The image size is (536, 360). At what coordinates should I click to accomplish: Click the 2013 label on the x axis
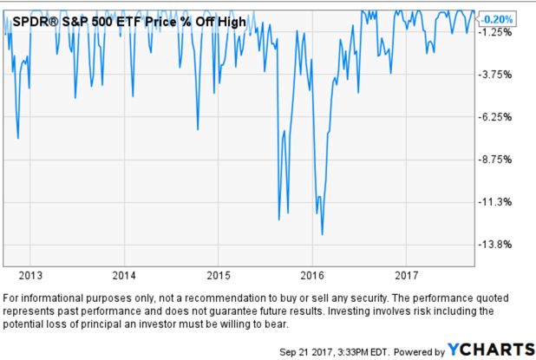[x=30, y=276]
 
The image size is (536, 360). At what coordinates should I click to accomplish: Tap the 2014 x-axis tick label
[x=124, y=276]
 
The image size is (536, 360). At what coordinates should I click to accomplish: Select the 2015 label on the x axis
[x=219, y=276]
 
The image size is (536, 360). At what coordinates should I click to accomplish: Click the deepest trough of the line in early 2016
[x=323, y=233]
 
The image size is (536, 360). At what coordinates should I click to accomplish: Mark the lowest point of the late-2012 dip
[x=18, y=137]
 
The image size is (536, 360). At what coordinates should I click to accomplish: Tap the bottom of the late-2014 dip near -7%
[x=198, y=129]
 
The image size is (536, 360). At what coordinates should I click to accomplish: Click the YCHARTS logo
[x=490, y=349]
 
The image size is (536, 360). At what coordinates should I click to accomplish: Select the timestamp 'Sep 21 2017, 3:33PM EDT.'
[x=332, y=350]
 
